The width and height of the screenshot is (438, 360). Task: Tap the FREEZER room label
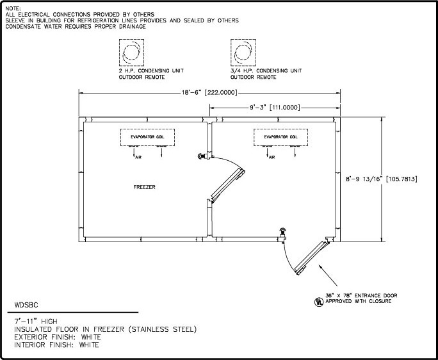pyautogui.click(x=144, y=188)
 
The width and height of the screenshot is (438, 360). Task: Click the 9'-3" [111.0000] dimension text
pyautogui.click(x=272, y=108)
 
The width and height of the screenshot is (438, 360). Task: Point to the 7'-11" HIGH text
pyautogui.click(x=35, y=320)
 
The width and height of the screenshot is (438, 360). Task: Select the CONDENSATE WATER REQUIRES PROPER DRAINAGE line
pyautogui.click(x=76, y=26)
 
